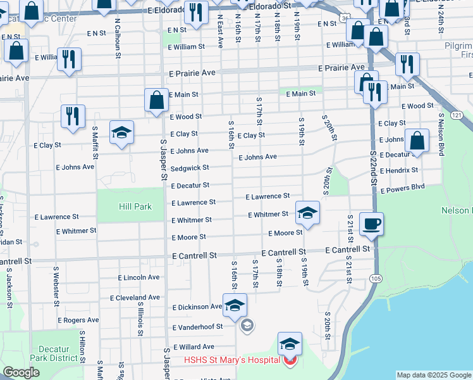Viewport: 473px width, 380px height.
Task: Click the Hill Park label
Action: click(x=135, y=207)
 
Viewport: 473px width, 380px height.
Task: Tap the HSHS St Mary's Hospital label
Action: click(x=231, y=360)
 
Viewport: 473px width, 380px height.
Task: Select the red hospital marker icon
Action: click(x=290, y=361)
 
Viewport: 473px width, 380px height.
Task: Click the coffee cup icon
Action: click(x=371, y=223)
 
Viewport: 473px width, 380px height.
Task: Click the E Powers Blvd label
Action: click(x=402, y=187)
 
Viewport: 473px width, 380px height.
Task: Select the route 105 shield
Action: click(x=377, y=279)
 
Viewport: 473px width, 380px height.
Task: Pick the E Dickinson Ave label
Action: click(x=197, y=307)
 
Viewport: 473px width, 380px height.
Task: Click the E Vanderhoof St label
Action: click(x=198, y=327)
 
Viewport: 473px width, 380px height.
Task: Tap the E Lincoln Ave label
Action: click(x=139, y=277)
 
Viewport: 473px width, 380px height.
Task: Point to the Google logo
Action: click(x=21, y=372)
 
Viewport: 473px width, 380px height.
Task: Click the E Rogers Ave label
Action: click(x=78, y=320)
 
